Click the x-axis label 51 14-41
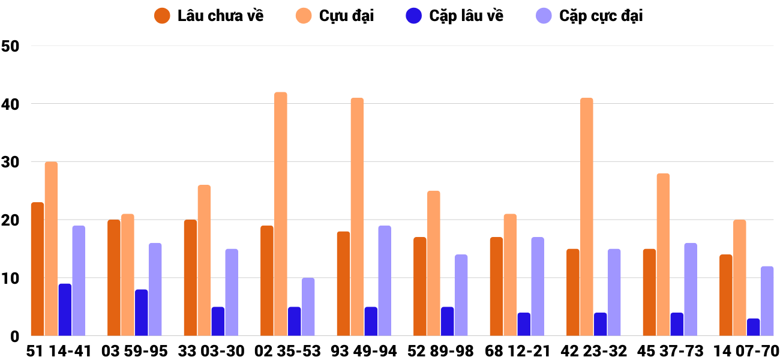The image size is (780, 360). [59, 351]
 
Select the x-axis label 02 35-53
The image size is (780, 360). [287, 351]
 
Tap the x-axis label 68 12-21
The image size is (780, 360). [517, 351]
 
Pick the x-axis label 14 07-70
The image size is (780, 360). [746, 351]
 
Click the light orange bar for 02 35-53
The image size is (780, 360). [281, 214]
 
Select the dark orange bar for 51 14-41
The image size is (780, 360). [38, 269]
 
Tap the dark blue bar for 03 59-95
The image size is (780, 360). [142, 313]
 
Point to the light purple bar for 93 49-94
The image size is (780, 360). [385, 281]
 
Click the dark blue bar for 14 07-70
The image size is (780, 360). [754, 327]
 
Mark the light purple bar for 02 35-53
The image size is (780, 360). [308, 307]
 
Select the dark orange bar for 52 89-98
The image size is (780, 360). [420, 287]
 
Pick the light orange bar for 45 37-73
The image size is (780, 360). [663, 255]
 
